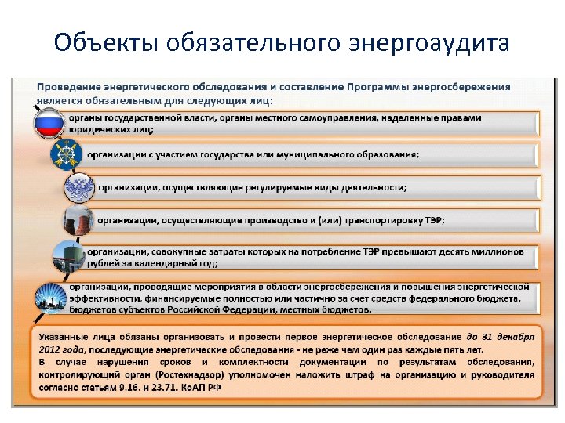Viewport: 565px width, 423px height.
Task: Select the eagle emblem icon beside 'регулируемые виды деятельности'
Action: [79, 188]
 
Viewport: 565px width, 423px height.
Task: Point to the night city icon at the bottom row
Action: [52, 299]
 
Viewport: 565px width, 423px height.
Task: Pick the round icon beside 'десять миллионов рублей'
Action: [68, 257]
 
